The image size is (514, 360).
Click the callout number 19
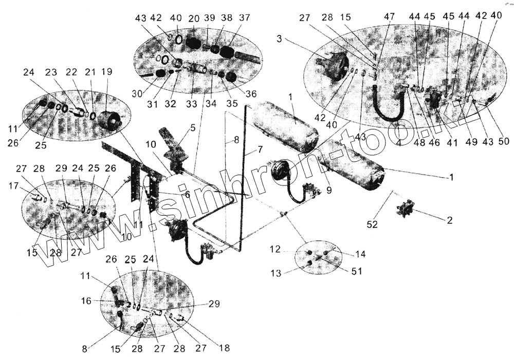(x=107, y=71)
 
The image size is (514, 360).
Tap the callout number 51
(x=357, y=271)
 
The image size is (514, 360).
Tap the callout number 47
(x=389, y=16)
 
